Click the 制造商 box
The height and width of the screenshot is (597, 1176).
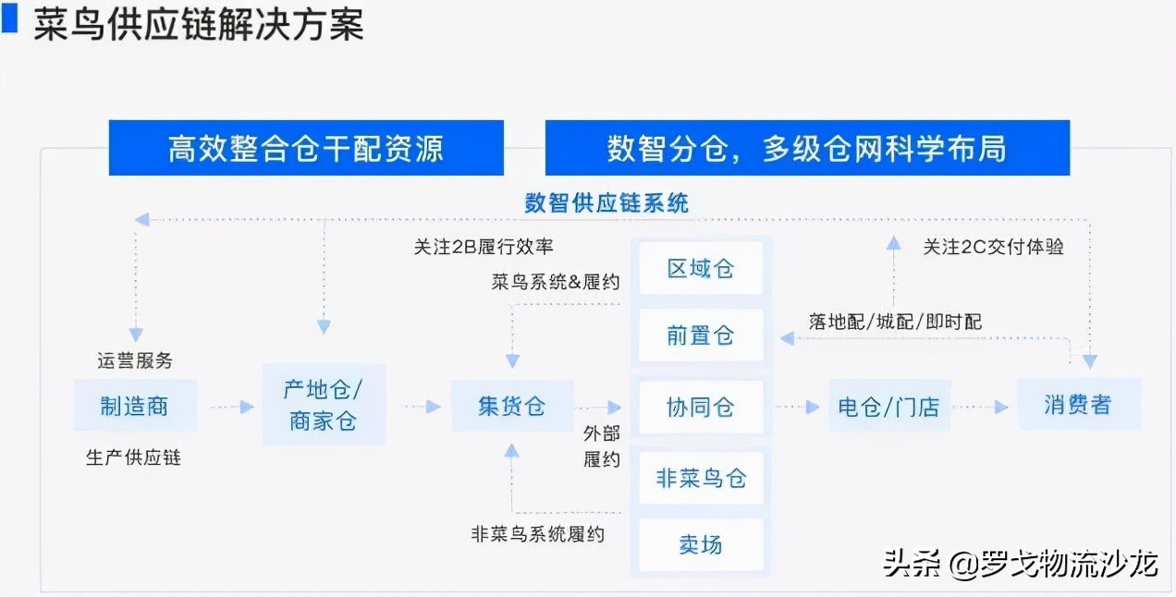click(135, 405)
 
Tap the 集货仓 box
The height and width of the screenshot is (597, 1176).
click(512, 405)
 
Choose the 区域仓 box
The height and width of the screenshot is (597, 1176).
click(700, 268)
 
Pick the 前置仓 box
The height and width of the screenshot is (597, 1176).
click(700, 335)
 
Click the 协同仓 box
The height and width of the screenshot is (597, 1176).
click(700, 407)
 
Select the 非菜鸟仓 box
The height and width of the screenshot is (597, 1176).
click(700, 478)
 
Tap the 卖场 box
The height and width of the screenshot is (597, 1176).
click(700, 544)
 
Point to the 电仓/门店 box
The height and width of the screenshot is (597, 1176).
click(888, 407)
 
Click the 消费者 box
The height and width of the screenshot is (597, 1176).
click(1078, 404)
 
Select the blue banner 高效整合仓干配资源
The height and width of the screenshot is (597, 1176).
click(306, 148)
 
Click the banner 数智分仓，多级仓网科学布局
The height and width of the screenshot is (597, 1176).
click(806, 148)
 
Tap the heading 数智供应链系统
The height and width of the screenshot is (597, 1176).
click(606, 202)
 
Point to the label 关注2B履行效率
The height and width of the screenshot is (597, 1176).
click(484, 247)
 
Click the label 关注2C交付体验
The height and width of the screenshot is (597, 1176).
click(993, 247)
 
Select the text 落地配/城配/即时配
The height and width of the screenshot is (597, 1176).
click(895, 322)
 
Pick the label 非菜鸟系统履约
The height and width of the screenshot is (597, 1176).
click(537, 533)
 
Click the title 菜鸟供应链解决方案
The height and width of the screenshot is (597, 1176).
click(199, 25)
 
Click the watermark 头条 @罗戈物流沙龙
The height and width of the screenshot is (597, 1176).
click(1021, 563)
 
